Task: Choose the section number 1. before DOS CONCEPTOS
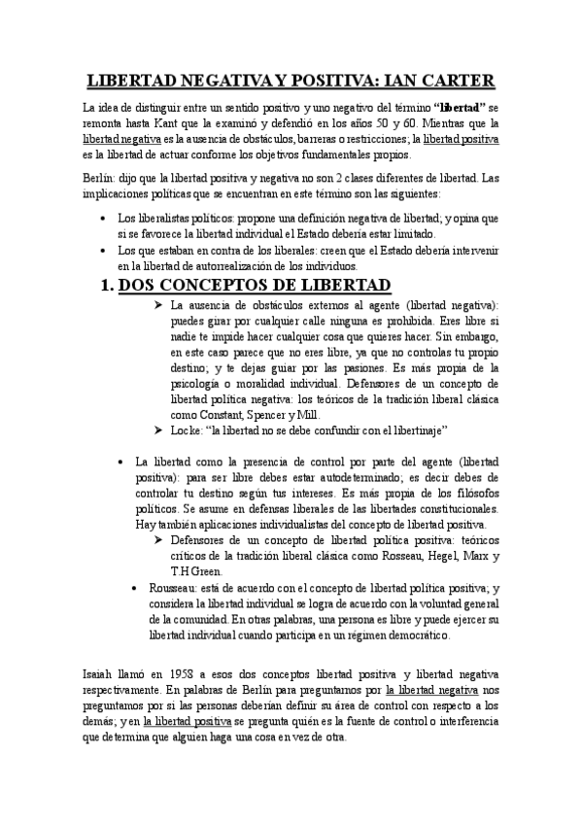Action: [114, 285]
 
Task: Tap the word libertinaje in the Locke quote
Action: [436, 430]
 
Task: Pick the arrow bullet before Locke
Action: [160, 430]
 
